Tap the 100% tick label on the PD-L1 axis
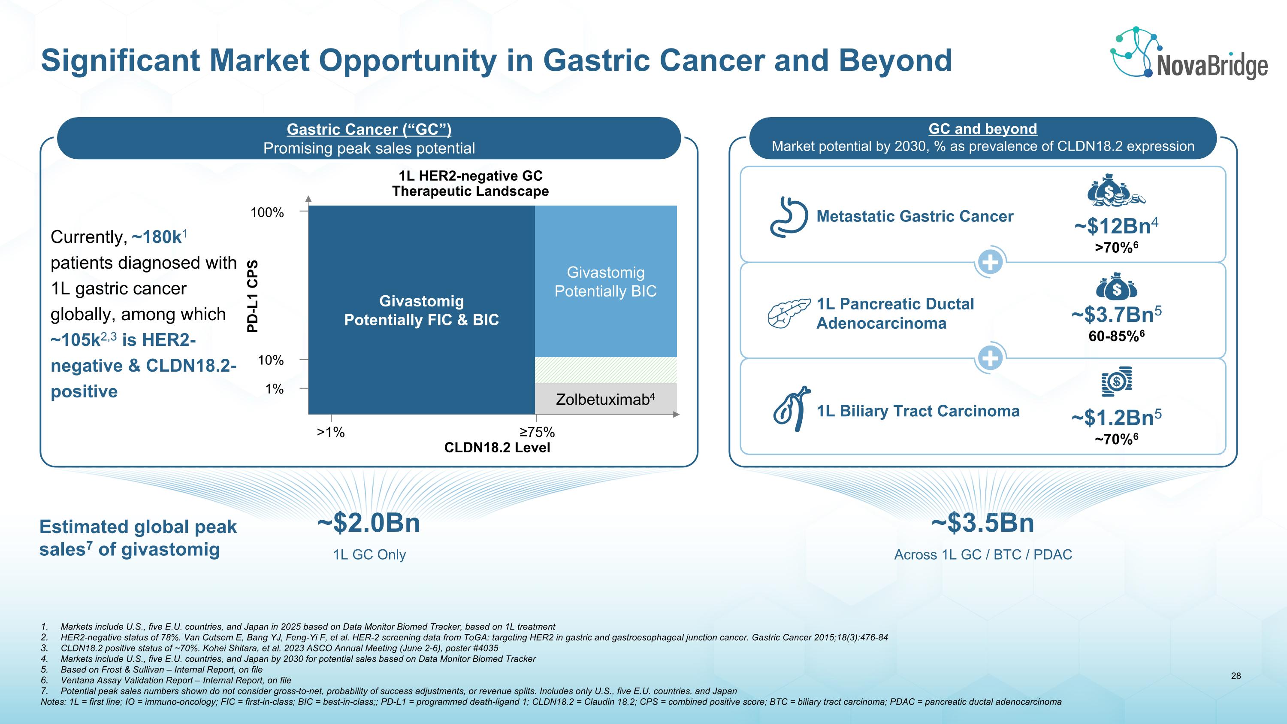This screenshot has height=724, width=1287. pos(267,212)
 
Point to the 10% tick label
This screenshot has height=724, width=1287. pos(270,360)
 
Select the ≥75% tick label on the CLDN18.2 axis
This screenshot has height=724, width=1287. pos(537,432)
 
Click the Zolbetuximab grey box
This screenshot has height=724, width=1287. pos(605,399)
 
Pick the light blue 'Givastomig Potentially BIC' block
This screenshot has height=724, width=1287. pos(605,281)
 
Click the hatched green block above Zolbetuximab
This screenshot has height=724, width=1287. pos(605,370)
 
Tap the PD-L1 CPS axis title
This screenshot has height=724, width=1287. pos(253,296)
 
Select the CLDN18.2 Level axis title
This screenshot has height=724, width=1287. pos(497,447)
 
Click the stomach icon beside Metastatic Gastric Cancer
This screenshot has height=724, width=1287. pos(789,216)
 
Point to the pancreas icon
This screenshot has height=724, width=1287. pos(789,313)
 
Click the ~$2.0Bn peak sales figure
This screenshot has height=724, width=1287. pos(369,523)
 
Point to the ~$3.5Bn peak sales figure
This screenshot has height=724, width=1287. pos(982,523)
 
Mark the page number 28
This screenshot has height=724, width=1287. pos(1236,676)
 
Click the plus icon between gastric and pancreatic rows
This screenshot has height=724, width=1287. pos(990,262)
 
